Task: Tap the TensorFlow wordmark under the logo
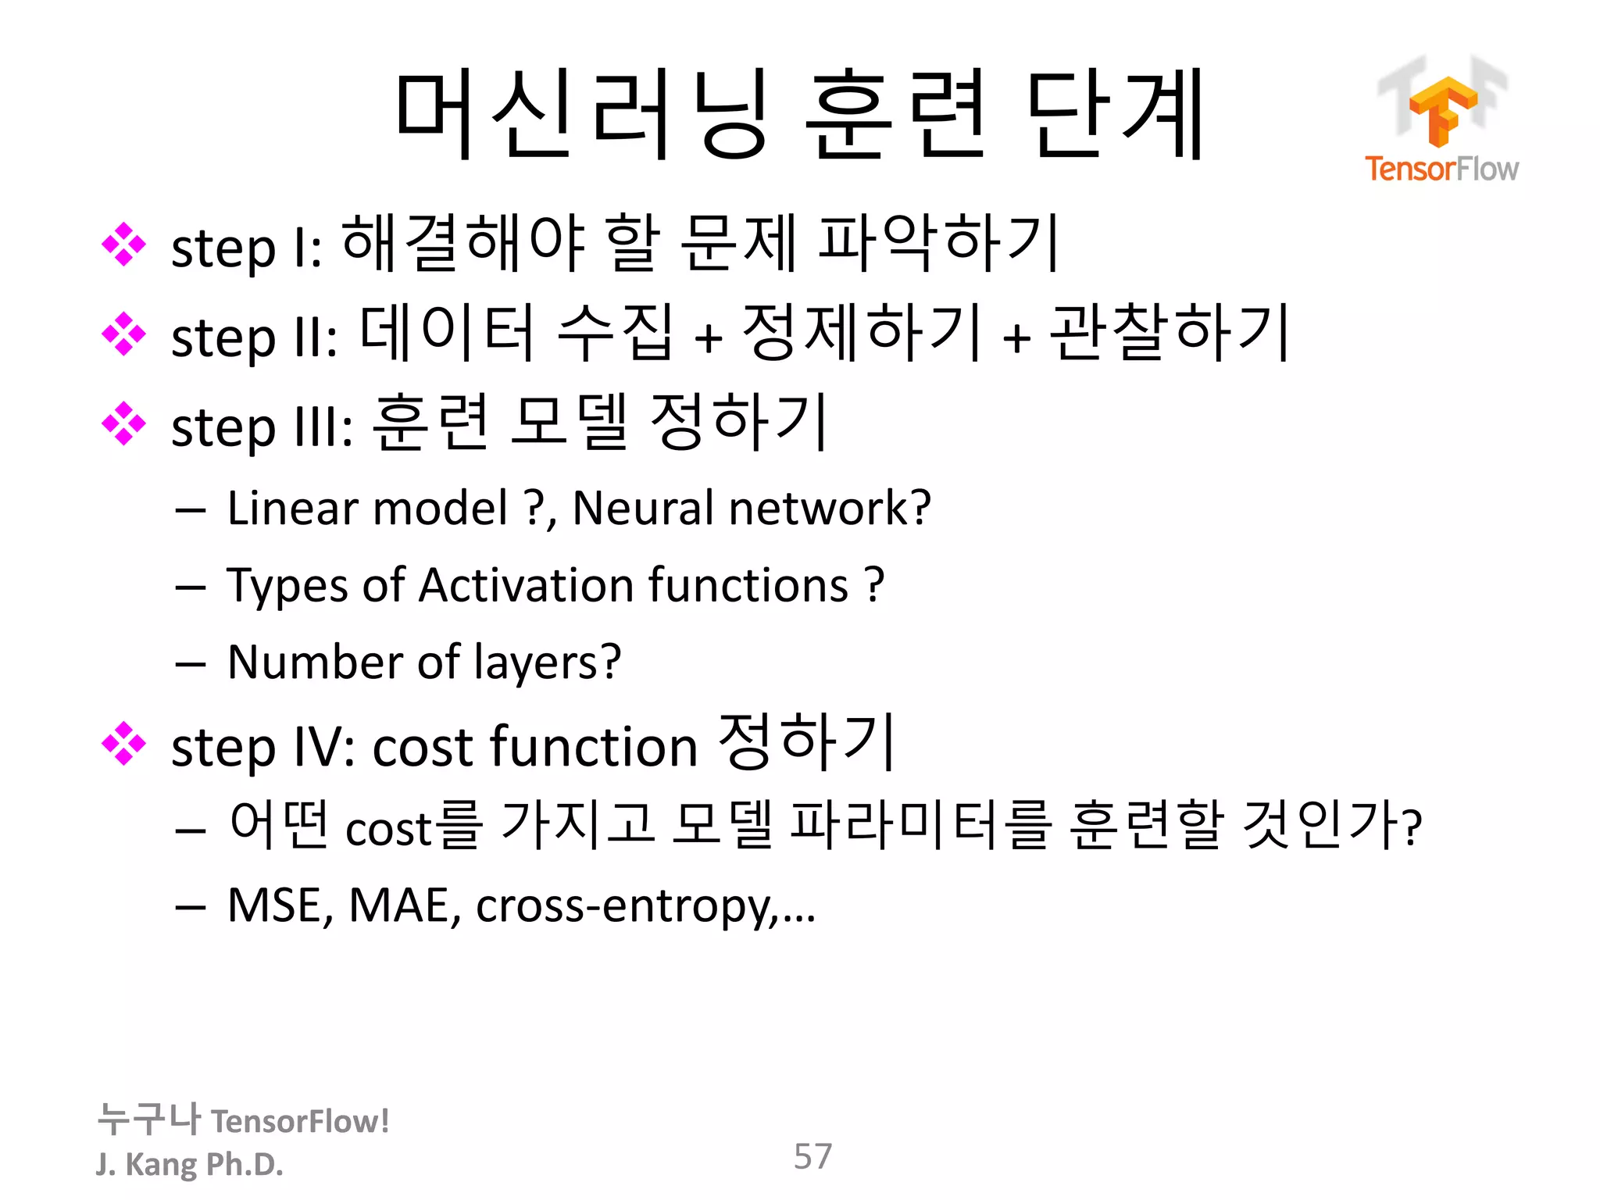click(1441, 169)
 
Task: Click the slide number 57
click(812, 1156)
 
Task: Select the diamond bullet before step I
click(123, 245)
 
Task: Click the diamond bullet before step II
click(123, 334)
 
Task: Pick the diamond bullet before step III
click(123, 424)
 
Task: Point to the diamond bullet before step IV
click(123, 744)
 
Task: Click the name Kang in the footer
click(162, 1165)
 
